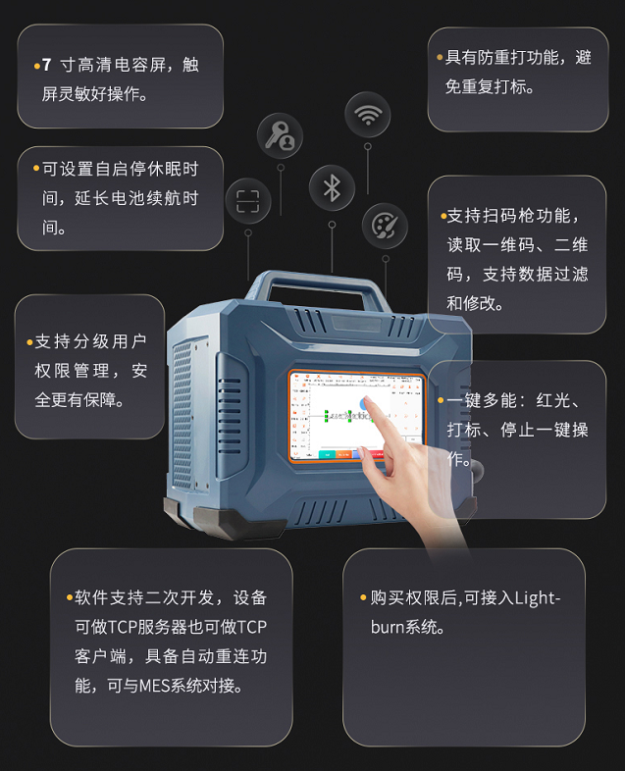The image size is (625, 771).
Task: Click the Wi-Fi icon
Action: (x=368, y=115)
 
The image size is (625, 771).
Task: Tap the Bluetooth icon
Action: (x=332, y=187)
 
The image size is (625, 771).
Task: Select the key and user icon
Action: (x=280, y=136)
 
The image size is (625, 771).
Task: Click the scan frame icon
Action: (x=248, y=201)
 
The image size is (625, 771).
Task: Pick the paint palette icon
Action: (x=385, y=227)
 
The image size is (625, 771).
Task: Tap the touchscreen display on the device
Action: (x=355, y=416)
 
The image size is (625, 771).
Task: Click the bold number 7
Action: (x=46, y=65)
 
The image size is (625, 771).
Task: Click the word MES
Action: (x=155, y=685)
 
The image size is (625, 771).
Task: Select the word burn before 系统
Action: (x=387, y=627)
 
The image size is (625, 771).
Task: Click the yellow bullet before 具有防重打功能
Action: (x=440, y=58)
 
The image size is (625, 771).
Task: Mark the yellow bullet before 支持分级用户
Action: (x=29, y=342)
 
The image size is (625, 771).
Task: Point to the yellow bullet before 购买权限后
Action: (x=363, y=598)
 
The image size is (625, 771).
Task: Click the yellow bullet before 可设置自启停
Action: (x=36, y=169)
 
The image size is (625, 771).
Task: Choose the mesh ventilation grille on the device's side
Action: (x=182, y=414)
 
